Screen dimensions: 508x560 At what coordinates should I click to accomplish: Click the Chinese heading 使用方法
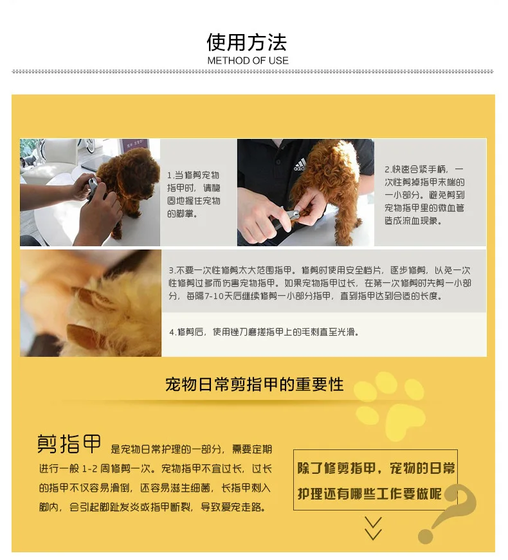(247, 42)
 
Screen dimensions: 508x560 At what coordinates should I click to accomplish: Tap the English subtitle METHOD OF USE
(248, 60)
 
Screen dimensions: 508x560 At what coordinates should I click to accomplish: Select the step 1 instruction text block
(194, 194)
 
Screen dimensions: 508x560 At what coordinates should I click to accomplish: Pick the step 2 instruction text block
(425, 195)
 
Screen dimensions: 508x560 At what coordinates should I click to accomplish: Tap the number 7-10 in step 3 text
(213, 296)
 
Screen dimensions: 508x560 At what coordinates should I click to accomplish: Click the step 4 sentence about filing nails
(264, 332)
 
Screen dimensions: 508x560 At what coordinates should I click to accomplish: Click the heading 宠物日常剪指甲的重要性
(255, 384)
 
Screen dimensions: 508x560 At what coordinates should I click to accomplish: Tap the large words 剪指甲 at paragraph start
(69, 444)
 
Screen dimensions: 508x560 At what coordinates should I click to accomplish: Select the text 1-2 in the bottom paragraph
(89, 469)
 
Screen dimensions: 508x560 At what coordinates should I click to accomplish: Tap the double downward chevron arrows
(373, 528)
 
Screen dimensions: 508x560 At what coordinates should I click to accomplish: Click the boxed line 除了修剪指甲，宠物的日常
(376, 468)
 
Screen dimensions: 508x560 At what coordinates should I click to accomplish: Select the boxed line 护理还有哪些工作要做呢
(370, 494)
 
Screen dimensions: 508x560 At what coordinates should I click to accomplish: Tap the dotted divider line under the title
(253, 71)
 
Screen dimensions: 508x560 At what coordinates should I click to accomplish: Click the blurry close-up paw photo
(91, 303)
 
